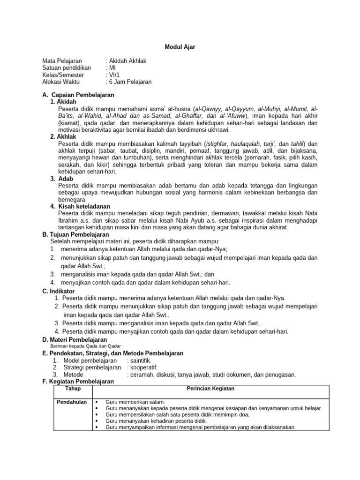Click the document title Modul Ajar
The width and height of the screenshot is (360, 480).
point(180,47)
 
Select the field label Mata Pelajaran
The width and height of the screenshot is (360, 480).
point(62,61)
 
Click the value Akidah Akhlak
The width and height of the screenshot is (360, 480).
point(127,61)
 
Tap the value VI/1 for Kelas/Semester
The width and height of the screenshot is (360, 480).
point(114,75)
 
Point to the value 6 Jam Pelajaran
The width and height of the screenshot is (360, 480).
point(130,82)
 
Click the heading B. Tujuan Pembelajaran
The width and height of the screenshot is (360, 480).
point(75,234)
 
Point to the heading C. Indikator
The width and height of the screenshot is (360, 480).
point(59,291)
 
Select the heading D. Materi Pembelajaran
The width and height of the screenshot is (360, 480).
point(75,339)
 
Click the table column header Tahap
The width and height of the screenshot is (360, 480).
point(72,389)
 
